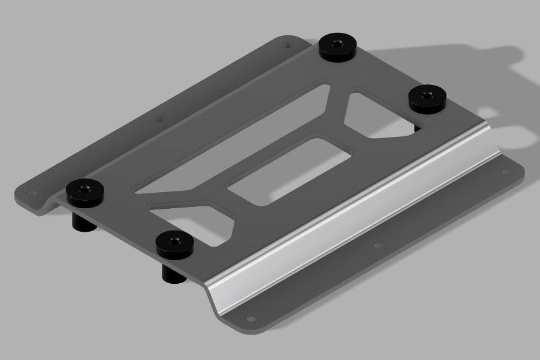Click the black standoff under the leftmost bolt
click(x=83, y=222)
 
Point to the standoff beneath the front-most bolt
click(x=173, y=274)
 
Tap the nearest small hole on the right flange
click(x=250, y=320)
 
